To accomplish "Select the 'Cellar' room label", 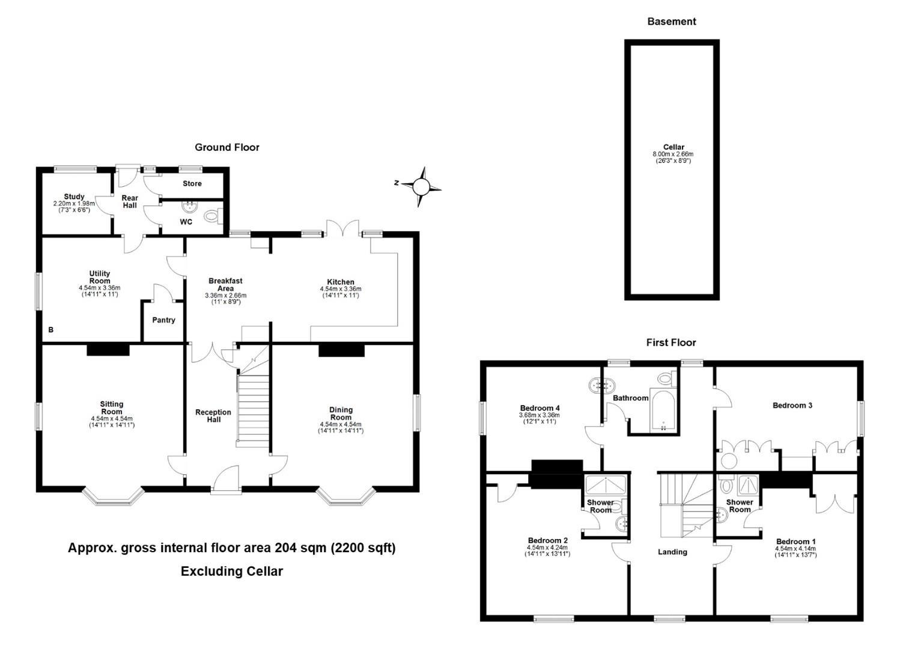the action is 673,147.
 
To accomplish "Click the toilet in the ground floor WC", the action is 213,216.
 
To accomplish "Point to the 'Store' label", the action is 192,183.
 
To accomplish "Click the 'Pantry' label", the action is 163,320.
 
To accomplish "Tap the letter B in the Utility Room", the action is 51,330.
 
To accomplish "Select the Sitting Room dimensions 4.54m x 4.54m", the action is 112,419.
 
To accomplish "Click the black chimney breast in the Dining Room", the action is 341,350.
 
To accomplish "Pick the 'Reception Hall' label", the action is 213,416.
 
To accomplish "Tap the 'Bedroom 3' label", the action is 792,406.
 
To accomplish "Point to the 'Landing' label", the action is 672,552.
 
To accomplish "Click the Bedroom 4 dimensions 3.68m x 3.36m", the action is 539,415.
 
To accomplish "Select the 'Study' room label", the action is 74,197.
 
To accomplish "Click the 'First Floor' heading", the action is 671,343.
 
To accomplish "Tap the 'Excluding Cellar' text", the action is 231,571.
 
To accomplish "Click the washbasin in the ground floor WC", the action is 190,207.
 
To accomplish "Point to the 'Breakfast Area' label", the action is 225,284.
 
